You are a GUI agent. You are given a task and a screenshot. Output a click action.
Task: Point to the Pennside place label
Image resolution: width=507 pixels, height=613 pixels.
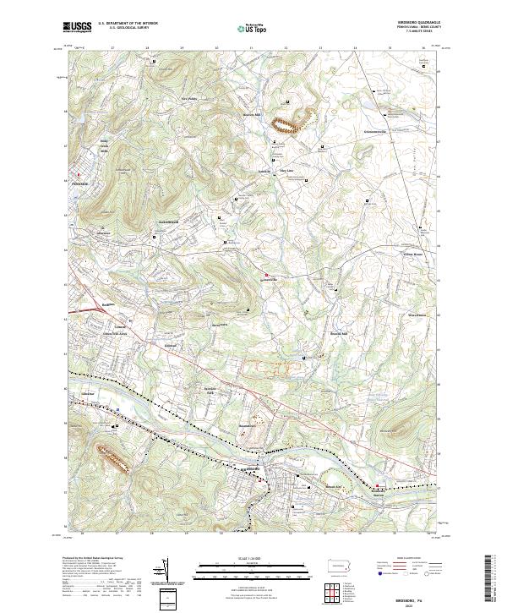tap(80, 183)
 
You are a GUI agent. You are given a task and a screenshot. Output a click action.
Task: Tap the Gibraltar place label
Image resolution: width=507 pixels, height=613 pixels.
tap(85, 395)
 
